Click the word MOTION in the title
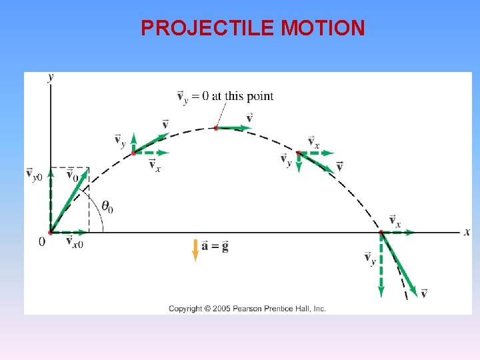pyautogui.click(x=323, y=28)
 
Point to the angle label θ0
pyautogui.click(x=106, y=207)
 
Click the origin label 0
pyautogui.click(x=42, y=241)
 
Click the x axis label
pyautogui.click(x=467, y=232)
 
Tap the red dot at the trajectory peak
pyautogui.click(x=216, y=127)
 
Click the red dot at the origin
pyautogui.click(x=51, y=233)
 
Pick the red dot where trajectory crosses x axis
pyautogui.click(x=381, y=233)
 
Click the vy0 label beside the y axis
pyautogui.click(x=34, y=174)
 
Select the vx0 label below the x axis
pyautogui.click(x=75, y=242)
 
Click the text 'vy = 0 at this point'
pyautogui.click(x=225, y=96)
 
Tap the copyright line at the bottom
pyautogui.click(x=247, y=309)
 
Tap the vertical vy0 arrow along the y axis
pyautogui.click(x=51, y=200)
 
